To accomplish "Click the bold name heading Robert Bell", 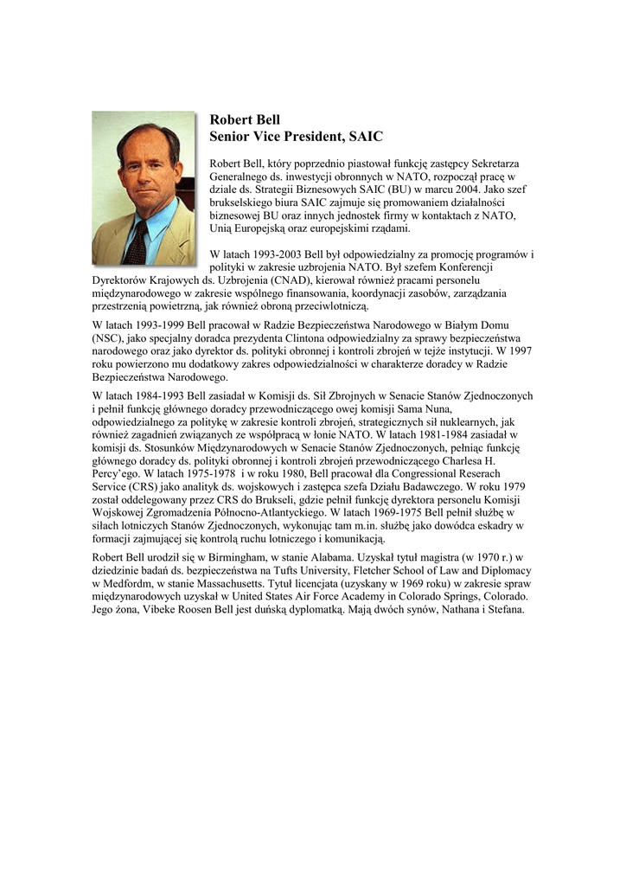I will (246, 119).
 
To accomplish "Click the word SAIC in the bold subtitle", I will (365, 137).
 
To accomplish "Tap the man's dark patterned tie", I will (136, 242).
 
